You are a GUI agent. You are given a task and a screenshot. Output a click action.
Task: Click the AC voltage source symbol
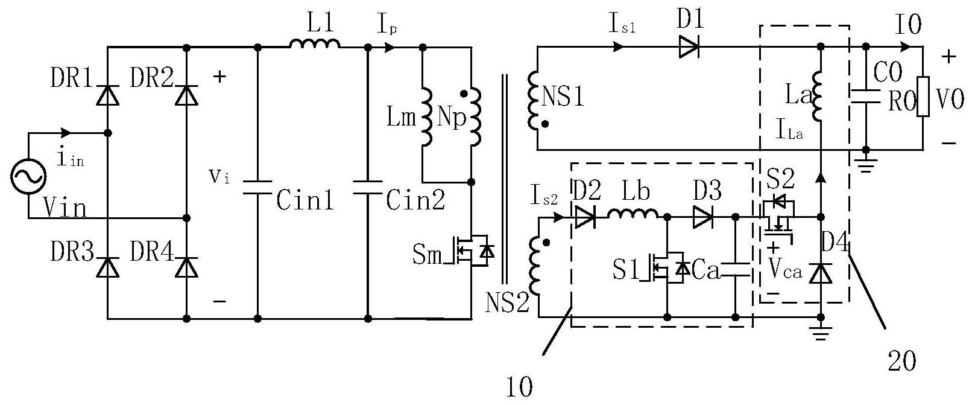[x=28, y=176]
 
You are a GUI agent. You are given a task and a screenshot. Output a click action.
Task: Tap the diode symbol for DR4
[x=186, y=267]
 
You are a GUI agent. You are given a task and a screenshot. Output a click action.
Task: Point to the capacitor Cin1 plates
[x=257, y=187]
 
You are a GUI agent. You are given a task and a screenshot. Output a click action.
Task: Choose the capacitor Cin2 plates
[x=368, y=187]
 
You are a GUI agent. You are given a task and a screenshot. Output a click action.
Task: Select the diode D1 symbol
[x=689, y=47]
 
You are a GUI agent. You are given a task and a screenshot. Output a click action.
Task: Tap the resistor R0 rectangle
[x=923, y=97]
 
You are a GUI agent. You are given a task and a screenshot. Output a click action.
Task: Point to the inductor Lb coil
[x=633, y=213]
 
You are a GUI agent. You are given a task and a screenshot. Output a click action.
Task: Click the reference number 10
[x=519, y=387]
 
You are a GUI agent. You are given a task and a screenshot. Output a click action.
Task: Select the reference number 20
[x=902, y=360]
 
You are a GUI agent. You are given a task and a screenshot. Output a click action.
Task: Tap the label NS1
[x=563, y=97]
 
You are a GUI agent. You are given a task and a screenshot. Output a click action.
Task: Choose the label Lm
[x=401, y=117]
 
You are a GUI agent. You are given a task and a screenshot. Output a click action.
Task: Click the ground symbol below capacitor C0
[x=866, y=165]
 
